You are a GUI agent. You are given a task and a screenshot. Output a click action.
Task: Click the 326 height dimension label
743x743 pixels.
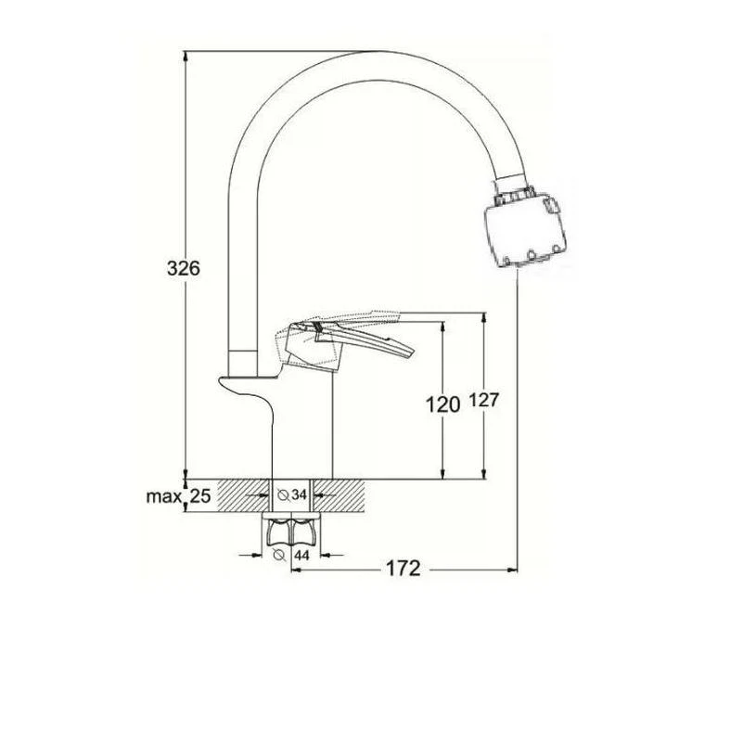(x=184, y=269)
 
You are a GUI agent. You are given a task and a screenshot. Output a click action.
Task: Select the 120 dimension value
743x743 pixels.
(x=442, y=405)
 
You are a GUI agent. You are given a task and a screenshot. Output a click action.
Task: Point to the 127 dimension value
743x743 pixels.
(x=484, y=401)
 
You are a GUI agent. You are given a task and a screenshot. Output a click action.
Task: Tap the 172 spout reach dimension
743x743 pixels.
(x=404, y=569)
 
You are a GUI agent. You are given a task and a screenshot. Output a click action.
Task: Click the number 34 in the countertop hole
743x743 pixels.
(x=299, y=494)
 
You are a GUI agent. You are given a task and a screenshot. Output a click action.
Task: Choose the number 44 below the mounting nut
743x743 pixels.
(x=301, y=555)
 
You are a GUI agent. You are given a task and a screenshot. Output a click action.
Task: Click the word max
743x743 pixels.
(x=164, y=497)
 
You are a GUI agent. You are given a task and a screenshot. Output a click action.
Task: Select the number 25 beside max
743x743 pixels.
(x=200, y=496)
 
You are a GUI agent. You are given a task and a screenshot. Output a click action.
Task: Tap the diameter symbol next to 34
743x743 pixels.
(x=283, y=495)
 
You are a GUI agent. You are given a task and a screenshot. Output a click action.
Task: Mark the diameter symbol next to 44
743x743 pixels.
(x=279, y=555)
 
